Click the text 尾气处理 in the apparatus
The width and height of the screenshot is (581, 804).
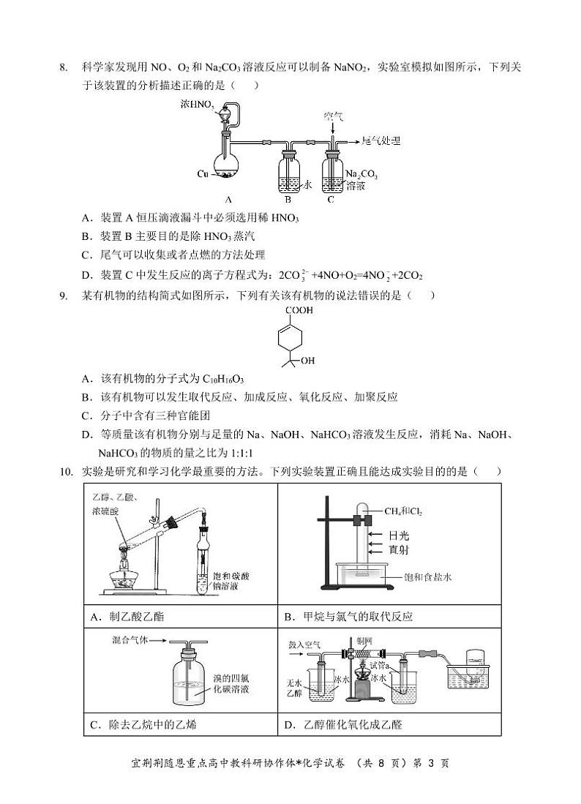click(x=383, y=140)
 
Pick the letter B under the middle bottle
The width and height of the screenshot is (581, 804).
click(x=288, y=199)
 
